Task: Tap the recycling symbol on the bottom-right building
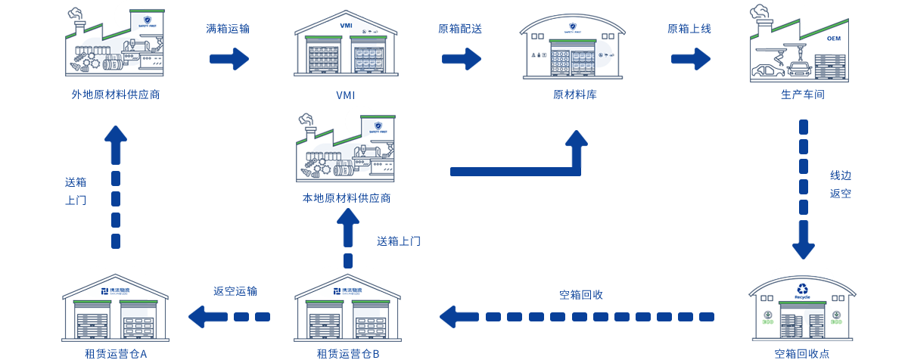tap(803, 288)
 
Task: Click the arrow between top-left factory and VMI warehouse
tap(229, 58)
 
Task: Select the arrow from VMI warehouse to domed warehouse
tap(461, 58)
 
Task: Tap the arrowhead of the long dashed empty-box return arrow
tap(454, 316)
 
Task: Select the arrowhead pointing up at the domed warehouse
tap(577, 141)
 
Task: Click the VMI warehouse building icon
tap(347, 46)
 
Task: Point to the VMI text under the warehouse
tap(345, 95)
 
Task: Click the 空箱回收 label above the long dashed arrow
tap(580, 295)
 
